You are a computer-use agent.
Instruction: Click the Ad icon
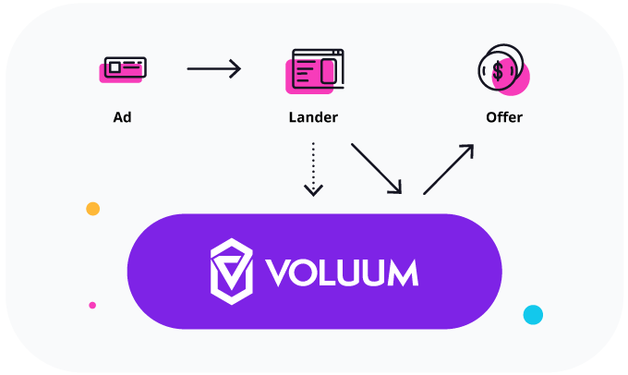point(123,68)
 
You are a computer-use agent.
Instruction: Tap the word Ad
point(121,117)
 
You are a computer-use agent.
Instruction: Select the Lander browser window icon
point(315,70)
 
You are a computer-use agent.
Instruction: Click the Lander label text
point(313,117)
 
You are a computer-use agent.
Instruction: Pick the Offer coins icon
point(502,70)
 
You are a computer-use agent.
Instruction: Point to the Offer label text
point(504,117)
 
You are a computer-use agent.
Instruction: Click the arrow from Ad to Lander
point(213,68)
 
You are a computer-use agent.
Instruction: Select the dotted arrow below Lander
point(313,168)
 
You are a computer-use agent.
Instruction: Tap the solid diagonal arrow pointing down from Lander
point(377,168)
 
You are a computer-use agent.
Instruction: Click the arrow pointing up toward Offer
point(449,168)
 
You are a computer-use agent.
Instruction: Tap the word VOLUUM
point(342,272)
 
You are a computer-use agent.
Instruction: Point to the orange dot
point(92,209)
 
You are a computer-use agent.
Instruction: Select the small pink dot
point(92,305)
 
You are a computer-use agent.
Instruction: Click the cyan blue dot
point(533,315)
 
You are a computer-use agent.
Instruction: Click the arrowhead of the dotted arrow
point(313,190)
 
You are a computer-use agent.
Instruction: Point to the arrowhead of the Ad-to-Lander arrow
point(235,68)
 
